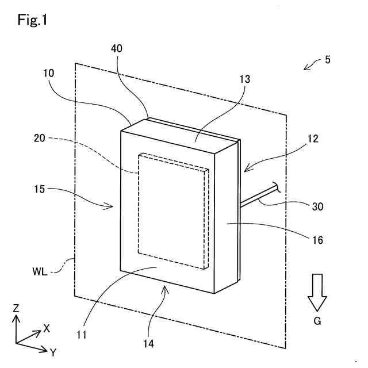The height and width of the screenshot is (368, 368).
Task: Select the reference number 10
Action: [x=48, y=74]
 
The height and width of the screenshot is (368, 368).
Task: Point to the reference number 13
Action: [x=246, y=79]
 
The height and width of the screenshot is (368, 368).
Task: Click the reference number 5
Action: [x=328, y=59]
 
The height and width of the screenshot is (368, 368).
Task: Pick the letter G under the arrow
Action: [x=317, y=321]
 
